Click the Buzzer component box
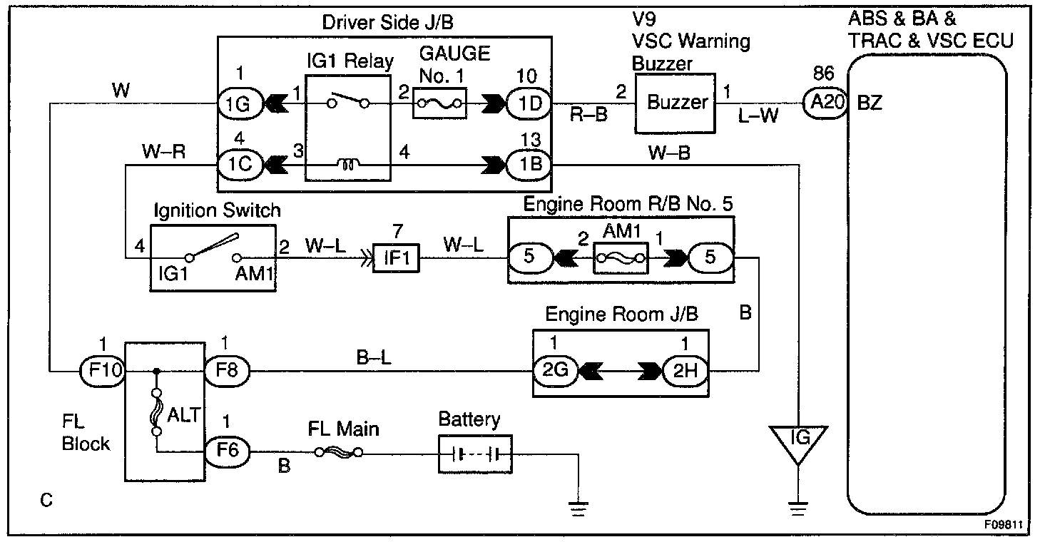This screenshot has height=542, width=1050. coord(675,103)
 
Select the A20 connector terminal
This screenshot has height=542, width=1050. coord(826,103)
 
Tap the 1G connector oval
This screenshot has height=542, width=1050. coord(240,103)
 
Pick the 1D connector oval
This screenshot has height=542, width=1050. coord(530,103)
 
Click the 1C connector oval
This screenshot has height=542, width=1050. coord(240,165)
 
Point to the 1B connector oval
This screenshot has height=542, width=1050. coord(530,165)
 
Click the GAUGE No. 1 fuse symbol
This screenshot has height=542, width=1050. coord(439,103)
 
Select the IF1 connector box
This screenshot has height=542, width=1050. coord(396,257)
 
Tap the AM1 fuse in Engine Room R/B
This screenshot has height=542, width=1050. coord(621,257)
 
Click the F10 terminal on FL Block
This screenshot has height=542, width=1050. coord(103,371)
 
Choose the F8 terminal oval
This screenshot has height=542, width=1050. coord(227,371)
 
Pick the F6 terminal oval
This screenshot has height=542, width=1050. coord(227,451)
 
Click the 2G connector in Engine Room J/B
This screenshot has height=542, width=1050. coord(556,371)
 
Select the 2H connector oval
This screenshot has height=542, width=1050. coord(685,371)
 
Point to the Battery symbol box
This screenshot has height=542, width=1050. coord(475,454)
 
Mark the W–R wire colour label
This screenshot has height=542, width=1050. coord(164,152)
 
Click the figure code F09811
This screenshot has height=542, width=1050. coord(1003,524)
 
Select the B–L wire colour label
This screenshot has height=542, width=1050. coord(374,357)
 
